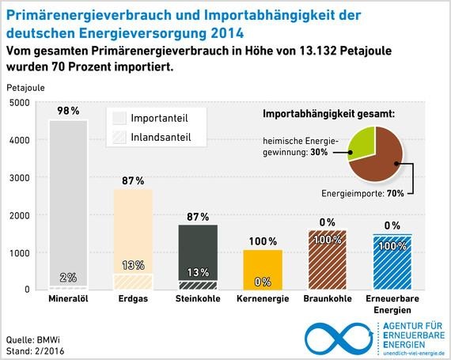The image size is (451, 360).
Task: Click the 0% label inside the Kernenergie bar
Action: coord(261,281)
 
